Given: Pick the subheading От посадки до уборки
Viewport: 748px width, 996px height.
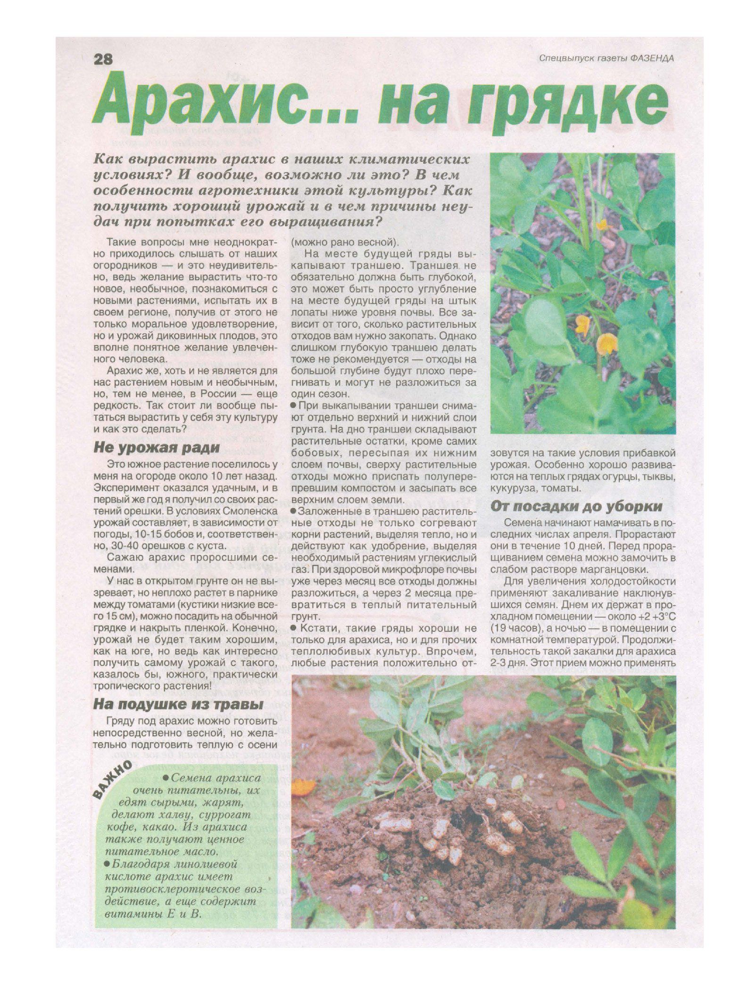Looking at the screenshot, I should click(x=576, y=506).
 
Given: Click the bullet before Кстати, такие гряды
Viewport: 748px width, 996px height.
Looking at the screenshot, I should click(x=294, y=628).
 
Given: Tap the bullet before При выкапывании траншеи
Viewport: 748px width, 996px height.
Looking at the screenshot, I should click(x=294, y=406).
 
